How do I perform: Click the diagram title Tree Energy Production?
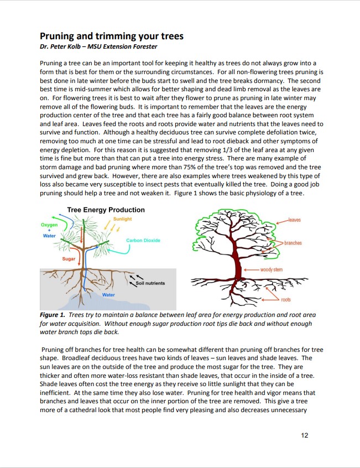[x=106, y=210]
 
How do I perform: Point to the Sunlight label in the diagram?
[x=122, y=219]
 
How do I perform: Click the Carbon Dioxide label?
[x=143, y=240]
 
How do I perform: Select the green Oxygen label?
[x=49, y=225]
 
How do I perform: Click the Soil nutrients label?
[x=150, y=283]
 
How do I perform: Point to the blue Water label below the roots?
[x=108, y=295]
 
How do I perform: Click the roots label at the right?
[x=285, y=299]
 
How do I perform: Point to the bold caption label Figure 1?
[x=54, y=315]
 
